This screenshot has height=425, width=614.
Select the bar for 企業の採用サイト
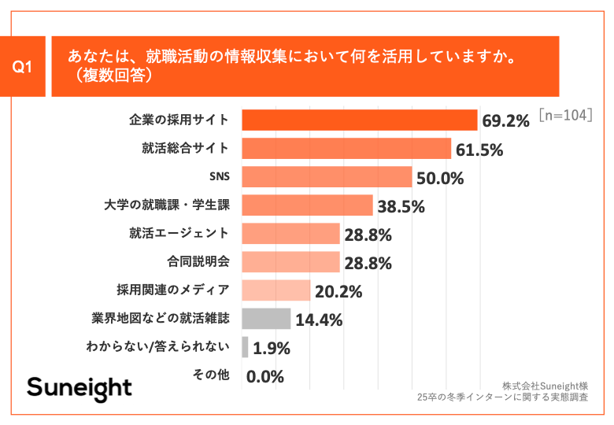click(x=360, y=120)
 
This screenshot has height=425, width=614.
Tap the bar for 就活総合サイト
click(x=346, y=148)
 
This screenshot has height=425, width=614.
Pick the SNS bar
click(x=327, y=176)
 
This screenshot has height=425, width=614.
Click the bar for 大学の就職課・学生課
click(x=307, y=205)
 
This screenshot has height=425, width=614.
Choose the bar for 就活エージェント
click(x=290, y=234)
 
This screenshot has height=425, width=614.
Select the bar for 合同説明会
click(x=290, y=262)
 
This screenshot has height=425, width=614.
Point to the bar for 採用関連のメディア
click(x=276, y=290)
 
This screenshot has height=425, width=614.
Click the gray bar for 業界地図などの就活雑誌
click(x=266, y=319)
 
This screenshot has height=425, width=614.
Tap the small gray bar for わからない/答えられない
click(x=246, y=347)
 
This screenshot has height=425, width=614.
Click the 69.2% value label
click(x=505, y=121)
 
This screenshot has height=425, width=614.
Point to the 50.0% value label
click(x=439, y=178)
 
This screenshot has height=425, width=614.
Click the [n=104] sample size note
click(x=565, y=115)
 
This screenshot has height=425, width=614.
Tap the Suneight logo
click(x=80, y=387)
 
